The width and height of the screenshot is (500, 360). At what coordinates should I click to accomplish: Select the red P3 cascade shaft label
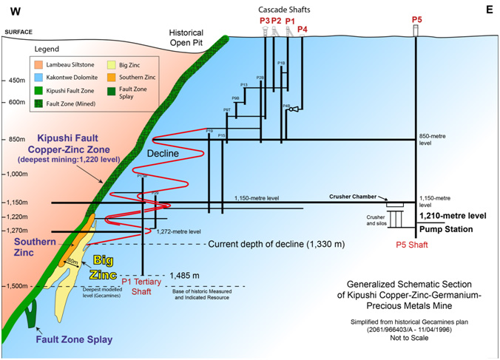click(x=264, y=20)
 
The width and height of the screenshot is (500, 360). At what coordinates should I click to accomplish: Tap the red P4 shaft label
click(x=302, y=29)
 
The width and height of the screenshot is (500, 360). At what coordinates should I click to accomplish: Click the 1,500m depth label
click(x=16, y=286)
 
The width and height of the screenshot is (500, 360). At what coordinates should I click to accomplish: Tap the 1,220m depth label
click(x=16, y=217)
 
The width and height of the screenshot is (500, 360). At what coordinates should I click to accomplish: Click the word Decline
click(x=163, y=152)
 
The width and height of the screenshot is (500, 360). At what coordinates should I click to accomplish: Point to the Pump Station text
click(x=447, y=229)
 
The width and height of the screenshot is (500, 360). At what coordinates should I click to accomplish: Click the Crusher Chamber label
click(x=353, y=197)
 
